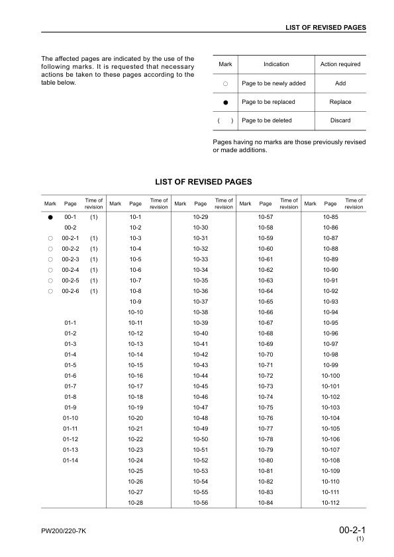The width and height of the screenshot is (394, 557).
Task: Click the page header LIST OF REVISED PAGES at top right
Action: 326,27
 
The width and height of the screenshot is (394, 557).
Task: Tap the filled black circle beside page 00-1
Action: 50,217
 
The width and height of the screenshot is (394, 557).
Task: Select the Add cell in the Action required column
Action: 340,83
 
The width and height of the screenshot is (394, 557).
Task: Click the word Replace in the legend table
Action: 340,102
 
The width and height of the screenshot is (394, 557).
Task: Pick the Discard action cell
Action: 340,120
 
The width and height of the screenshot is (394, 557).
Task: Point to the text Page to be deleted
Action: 267,120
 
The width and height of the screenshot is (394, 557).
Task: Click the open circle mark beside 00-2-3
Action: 50,259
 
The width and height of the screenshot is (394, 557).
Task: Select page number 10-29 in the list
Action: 201,217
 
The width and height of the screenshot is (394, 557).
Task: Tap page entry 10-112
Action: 330,503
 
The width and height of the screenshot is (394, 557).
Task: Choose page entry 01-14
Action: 70,460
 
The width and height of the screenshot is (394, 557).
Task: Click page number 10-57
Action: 266,217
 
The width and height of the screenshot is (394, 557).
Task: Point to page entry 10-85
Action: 330,217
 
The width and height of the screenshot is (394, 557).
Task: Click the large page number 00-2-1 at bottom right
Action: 352,530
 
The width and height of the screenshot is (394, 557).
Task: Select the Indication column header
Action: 276,64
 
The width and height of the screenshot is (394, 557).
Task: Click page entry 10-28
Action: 136,503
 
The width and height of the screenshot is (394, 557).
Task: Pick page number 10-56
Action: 201,503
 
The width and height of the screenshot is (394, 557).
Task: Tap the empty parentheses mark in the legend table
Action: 225,120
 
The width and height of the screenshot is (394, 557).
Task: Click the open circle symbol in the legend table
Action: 225,84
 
